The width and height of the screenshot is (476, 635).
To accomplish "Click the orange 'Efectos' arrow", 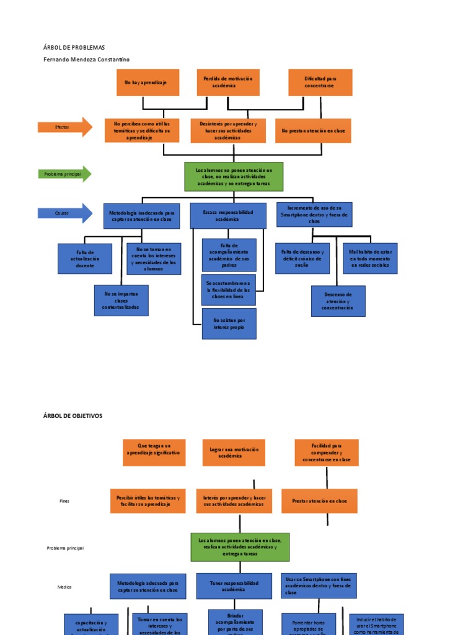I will (64, 127).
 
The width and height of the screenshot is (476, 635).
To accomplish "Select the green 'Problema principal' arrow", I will (64, 174).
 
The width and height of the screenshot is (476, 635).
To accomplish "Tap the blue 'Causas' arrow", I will (64, 213).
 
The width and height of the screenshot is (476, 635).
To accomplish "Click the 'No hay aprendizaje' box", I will (148, 82).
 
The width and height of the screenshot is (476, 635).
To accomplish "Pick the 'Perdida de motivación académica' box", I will (228, 82).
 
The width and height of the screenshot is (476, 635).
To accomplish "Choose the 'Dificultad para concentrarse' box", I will (320, 82).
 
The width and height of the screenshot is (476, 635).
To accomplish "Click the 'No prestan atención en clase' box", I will (313, 131).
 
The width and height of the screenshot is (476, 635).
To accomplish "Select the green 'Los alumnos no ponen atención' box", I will (234, 177).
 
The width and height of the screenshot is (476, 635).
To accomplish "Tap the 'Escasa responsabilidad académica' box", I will (227, 216).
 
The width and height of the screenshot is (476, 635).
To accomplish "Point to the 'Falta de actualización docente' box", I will (85, 259).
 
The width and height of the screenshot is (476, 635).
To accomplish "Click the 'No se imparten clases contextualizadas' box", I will (121, 300).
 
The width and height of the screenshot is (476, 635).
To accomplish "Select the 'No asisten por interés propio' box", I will (229, 324).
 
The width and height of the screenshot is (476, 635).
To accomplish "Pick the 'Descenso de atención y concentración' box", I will (338, 301).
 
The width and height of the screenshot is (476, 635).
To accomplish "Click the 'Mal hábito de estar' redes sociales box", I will (370, 259).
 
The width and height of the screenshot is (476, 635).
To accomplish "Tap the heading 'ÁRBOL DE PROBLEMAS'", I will (74, 48).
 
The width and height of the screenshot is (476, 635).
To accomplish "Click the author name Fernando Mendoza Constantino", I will (87, 60).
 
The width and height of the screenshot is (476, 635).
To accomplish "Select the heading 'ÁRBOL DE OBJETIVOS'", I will (73, 415).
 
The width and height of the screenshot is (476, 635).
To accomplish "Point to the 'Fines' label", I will (64, 501).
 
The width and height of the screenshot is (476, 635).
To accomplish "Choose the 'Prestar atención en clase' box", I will (319, 501).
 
